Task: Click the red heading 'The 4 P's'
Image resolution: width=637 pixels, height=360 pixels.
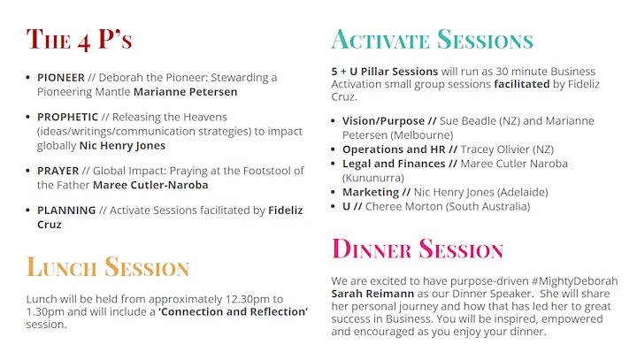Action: click(80, 40)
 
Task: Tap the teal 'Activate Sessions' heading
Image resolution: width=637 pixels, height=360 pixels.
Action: click(432, 40)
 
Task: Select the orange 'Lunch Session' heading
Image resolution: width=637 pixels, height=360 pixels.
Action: click(108, 267)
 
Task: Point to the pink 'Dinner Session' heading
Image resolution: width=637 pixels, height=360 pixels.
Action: click(418, 249)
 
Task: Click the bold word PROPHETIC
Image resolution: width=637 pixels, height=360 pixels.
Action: click(68, 117)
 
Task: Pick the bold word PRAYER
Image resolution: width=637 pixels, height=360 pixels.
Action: click(58, 171)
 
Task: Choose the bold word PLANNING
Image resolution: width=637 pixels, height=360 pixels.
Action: click(66, 210)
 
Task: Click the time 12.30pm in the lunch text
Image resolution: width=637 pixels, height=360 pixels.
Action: click(248, 299)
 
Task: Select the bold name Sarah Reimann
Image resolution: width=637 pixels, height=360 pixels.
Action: click(372, 294)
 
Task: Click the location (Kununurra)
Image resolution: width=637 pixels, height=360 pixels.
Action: click(373, 178)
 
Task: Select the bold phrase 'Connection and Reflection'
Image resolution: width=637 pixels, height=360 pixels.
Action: click(234, 311)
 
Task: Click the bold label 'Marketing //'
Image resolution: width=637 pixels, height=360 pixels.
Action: click(376, 192)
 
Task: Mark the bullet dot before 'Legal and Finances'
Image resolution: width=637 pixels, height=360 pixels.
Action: click(334, 165)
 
